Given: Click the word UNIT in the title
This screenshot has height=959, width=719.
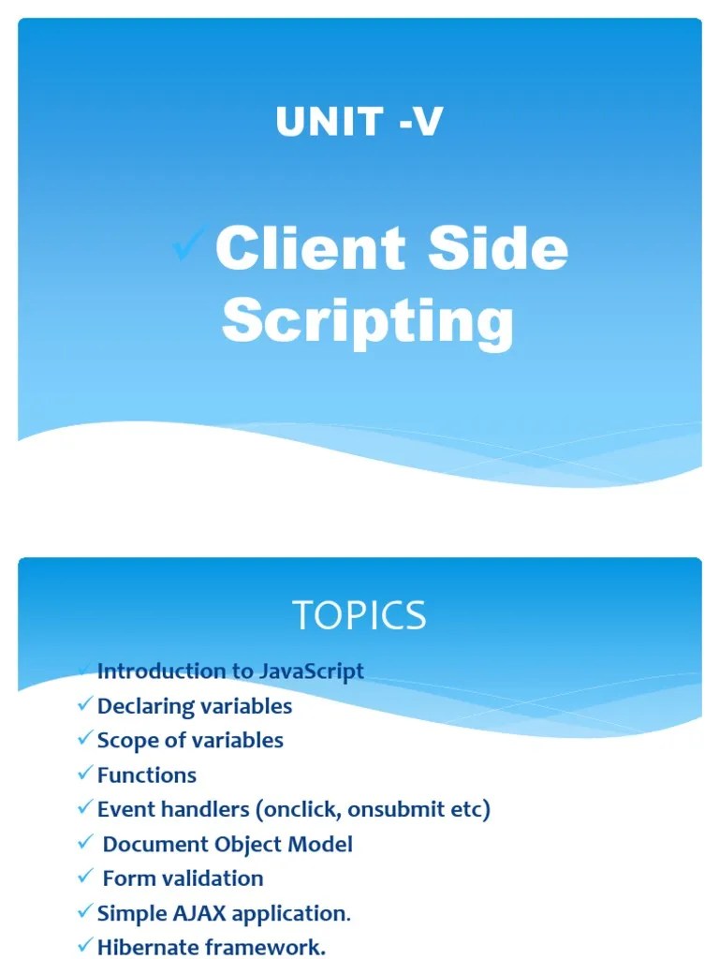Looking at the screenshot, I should point(316,122).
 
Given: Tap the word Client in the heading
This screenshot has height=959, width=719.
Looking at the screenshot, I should point(310,250).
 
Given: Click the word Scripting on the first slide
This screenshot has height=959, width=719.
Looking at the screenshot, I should point(368,321).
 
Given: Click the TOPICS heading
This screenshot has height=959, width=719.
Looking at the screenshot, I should point(359,615).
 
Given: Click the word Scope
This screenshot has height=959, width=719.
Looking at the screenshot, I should point(127,741).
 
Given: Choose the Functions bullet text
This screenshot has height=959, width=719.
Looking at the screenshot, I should point(147,775).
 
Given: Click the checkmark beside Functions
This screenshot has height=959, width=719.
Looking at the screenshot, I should point(86,775).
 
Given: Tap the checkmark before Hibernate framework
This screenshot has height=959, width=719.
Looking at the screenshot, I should point(86,946).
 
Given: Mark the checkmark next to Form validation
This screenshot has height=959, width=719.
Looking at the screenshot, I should point(86,878).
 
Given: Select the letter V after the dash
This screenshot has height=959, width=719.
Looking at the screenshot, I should point(427,122).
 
